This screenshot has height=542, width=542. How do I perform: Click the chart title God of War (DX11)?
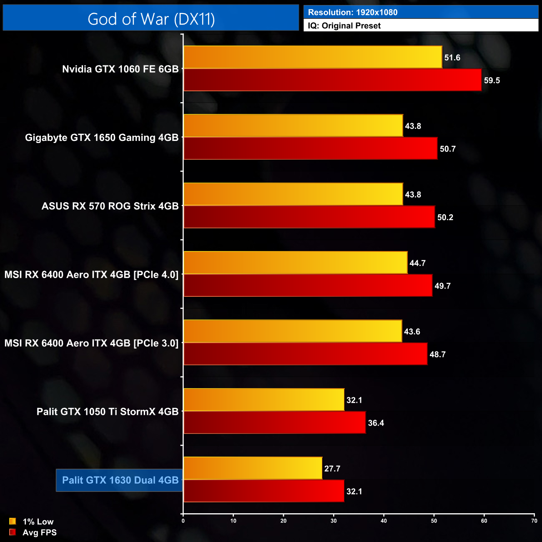151,19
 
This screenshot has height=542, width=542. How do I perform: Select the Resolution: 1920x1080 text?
352,12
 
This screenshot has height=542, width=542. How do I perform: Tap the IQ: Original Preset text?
344,26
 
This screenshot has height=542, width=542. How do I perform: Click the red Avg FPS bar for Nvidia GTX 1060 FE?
332,80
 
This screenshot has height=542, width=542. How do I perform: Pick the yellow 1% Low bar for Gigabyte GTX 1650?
293,125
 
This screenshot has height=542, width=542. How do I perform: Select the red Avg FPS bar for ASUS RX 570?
309,217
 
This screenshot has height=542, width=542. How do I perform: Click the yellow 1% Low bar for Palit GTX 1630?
253,468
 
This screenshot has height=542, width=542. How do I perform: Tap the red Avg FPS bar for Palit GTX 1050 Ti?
274,422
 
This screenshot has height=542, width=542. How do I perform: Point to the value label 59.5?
492,80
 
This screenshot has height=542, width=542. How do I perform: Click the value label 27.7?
332,469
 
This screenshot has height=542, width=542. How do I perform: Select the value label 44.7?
417,263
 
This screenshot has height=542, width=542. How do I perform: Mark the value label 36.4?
376,423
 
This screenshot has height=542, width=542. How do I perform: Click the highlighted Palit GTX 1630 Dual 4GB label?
120,480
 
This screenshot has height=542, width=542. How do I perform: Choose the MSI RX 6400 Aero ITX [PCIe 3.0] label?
91,343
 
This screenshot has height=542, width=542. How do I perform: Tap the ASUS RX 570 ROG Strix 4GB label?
110,206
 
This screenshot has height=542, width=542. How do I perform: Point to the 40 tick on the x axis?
384,521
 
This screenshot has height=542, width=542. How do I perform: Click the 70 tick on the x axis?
534,521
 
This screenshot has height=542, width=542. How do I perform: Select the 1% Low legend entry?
38,522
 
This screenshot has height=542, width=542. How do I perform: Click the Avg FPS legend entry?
39,532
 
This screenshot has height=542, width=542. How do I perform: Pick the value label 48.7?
437,354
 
